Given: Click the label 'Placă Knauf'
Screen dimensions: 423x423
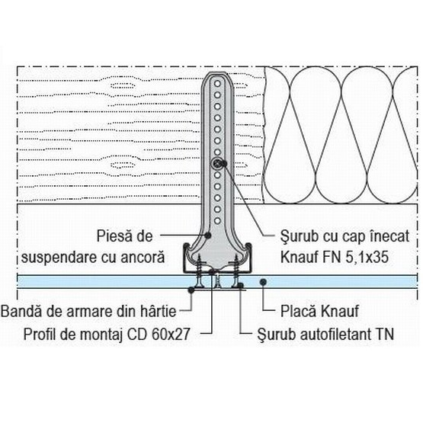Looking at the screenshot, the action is [x=319, y=311].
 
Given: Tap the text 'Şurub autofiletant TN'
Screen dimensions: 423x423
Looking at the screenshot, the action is [x=325, y=334].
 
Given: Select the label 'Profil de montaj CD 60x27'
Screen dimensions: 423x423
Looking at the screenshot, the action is [x=107, y=334].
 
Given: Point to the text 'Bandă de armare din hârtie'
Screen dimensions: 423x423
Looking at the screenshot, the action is [x=88, y=311].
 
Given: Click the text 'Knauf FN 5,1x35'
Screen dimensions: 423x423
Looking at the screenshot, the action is [x=335, y=257].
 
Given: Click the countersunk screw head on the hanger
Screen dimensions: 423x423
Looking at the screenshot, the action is [x=217, y=163].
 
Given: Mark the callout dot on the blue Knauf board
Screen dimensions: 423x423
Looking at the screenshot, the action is [x=263, y=282].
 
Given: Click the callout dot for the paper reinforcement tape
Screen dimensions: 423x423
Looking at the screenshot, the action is [x=191, y=290].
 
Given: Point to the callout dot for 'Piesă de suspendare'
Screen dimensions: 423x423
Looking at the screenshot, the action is [x=208, y=236].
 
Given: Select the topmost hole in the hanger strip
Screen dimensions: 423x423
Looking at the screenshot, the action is [x=217, y=84].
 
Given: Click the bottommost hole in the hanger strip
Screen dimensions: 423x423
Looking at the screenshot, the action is [x=217, y=221].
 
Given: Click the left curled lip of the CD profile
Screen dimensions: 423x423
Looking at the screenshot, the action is [x=187, y=248].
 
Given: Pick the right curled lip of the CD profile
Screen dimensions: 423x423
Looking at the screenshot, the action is [x=248, y=248].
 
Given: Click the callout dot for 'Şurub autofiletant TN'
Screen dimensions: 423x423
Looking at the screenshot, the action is [x=241, y=285].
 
